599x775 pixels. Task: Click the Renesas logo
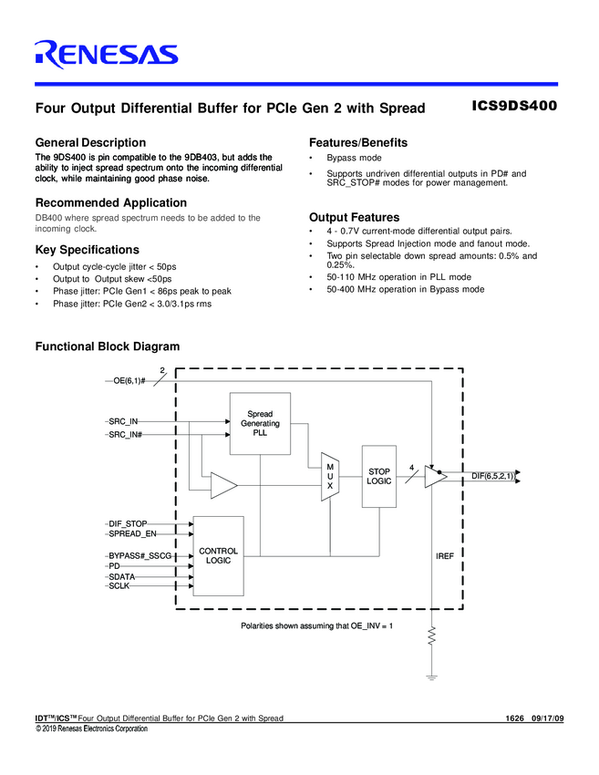pyautogui.click(x=106, y=56)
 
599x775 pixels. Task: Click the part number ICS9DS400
pyautogui.click(x=514, y=106)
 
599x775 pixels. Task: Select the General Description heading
pyautogui.click(x=89, y=142)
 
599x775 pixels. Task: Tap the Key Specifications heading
pyautogui.click(x=87, y=250)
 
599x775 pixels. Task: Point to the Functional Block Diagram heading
pyautogui.click(x=107, y=346)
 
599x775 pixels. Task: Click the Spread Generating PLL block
pyautogui.click(x=260, y=424)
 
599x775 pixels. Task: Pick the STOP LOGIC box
pyautogui.click(x=379, y=476)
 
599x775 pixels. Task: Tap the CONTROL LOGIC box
pyautogui.click(x=219, y=555)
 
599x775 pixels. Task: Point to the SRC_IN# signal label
pyautogui.click(x=126, y=436)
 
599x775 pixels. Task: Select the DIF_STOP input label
pyautogui.click(x=129, y=523)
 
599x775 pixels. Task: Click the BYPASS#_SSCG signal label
pyautogui.click(x=139, y=555)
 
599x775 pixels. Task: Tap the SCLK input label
pyautogui.click(x=120, y=587)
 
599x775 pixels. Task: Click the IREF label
pyautogui.click(x=445, y=555)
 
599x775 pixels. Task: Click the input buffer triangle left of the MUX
pyautogui.click(x=222, y=486)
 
